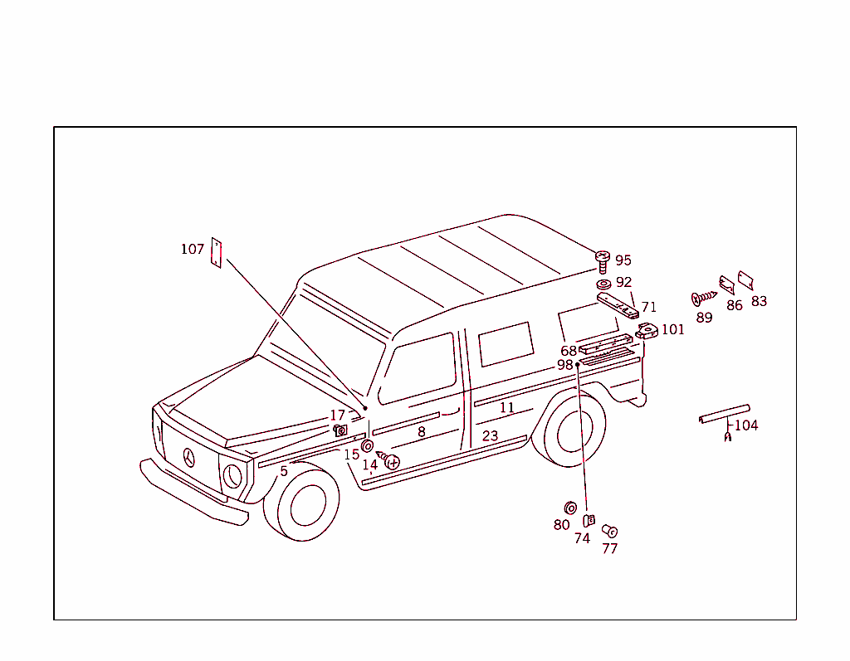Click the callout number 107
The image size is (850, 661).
192,249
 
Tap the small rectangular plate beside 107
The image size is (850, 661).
217,253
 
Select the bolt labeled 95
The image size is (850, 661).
603,261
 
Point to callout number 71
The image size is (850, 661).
648,307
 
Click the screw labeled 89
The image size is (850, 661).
703,297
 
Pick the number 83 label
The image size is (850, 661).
759,301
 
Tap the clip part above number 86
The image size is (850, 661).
727,285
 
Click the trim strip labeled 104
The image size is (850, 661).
724,413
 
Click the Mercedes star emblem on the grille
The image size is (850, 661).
191,457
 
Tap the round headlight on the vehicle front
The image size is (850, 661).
233,476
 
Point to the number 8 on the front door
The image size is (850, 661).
422,432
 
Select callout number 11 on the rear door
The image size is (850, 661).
506,408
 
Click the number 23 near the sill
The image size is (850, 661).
490,435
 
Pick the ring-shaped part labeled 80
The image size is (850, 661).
570,507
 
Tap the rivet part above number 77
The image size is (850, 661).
608,530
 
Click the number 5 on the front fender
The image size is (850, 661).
284,471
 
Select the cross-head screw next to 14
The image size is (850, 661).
389,460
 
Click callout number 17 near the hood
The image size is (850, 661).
337,415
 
